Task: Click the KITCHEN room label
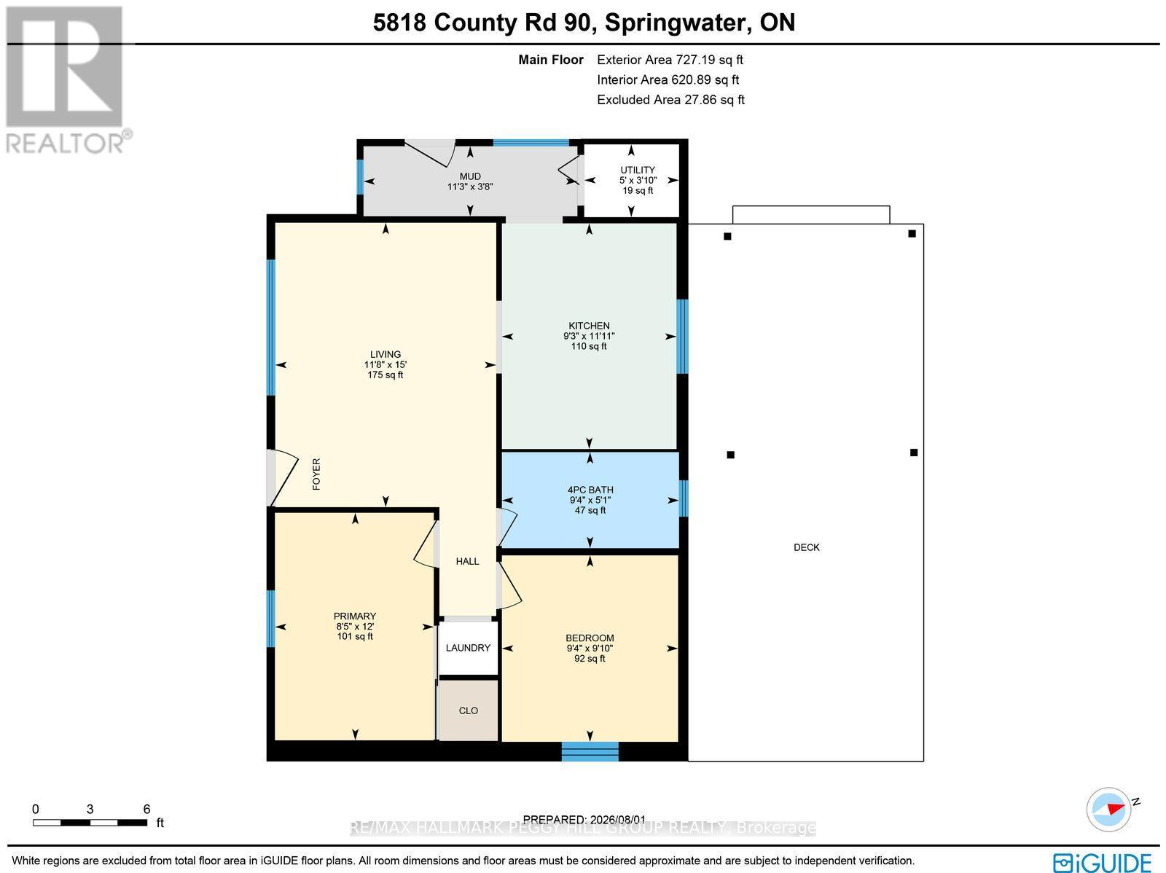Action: (x=589, y=326)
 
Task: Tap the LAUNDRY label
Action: (x=468, y=648)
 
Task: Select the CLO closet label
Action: (x=468, y=710)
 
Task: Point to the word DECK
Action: (x=807, y=547)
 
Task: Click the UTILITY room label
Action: (x=638, y=170)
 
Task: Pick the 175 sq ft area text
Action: (x=385, y=375)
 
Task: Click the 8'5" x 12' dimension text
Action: (x=355, y=626)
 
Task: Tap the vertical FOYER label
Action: (x=316, y=474)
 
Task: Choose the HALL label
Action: (x=467, y=561)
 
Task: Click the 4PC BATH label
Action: (x=590, y=490)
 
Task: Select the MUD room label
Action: (x=470, y=176)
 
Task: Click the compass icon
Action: (x=1108, y=810)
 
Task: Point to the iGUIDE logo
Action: (x=1102, y=861)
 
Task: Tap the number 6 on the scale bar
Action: (x=146, y=809)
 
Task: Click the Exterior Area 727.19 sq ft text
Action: (x=670, y=60)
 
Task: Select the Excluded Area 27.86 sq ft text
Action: (x=670, y=100)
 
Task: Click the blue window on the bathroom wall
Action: (x=684, y=498)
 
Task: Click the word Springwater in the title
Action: (x=677, y=23)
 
